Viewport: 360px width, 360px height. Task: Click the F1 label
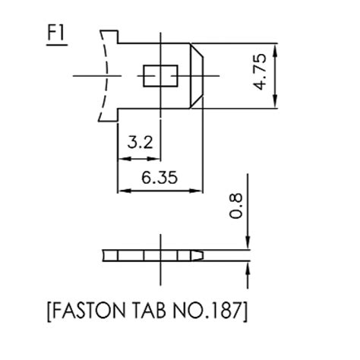(x=56, y=33)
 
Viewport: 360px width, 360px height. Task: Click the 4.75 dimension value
(x=260, y=71)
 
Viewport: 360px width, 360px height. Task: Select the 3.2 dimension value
(x=140, y=142)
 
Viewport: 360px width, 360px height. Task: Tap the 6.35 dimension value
(x=159, y=177)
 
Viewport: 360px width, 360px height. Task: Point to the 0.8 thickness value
(x=235, y=206)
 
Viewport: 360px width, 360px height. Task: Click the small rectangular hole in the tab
(x=160, y=76)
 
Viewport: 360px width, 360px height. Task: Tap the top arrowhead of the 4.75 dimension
(x=276, y=50)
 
